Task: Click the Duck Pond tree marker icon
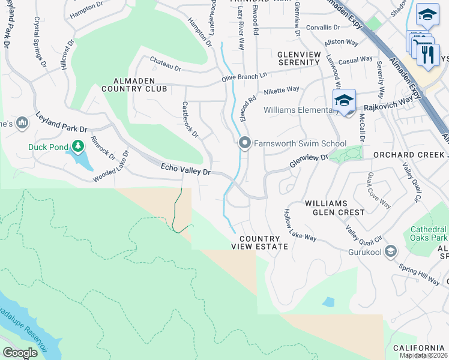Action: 77,145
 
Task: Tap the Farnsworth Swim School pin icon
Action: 244,143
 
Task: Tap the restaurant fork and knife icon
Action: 428,55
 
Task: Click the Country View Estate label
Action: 256,242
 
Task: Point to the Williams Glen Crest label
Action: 334,208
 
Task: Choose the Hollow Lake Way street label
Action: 300,226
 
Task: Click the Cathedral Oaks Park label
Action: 429,235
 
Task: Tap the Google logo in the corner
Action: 20,353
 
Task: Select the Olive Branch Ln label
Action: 244,76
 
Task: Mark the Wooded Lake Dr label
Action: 111,167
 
